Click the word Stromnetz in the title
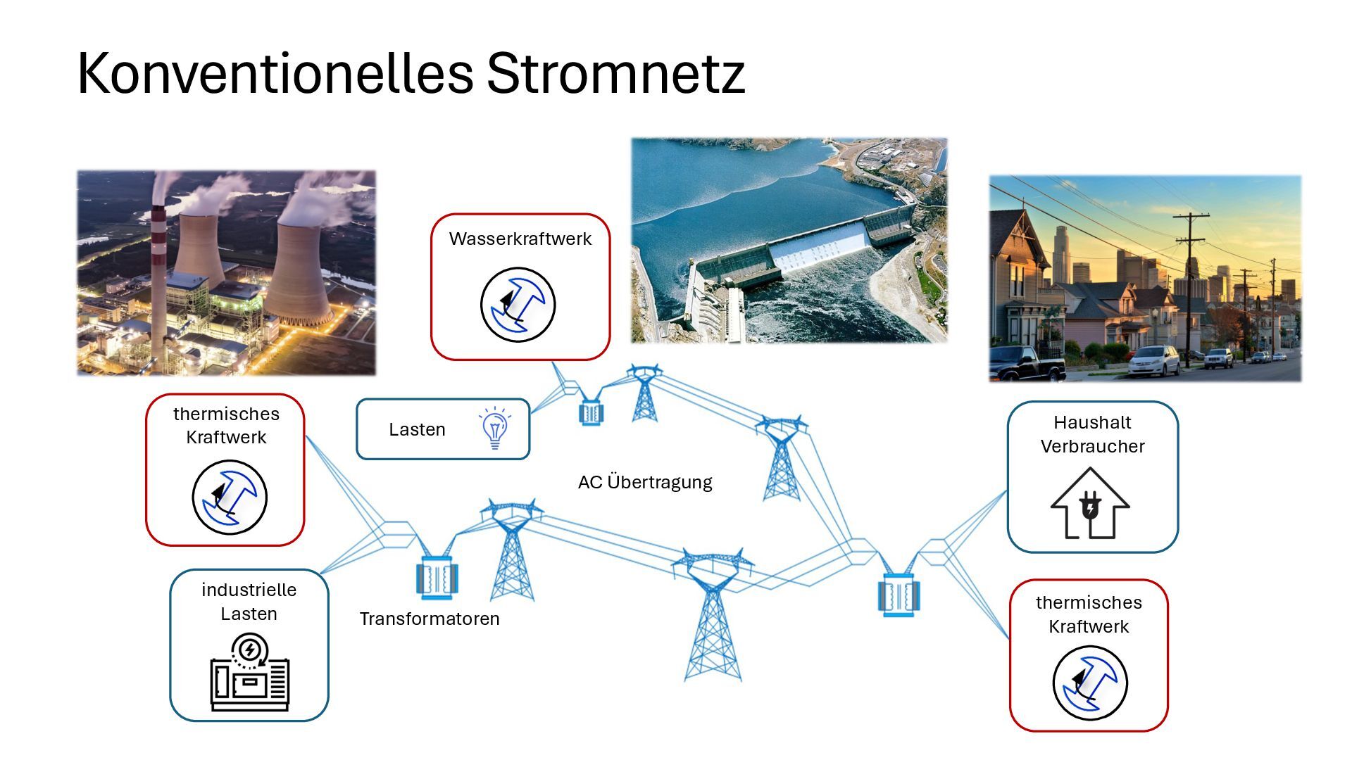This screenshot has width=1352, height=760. [x=615, y=73]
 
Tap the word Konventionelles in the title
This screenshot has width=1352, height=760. [x=275, y=73]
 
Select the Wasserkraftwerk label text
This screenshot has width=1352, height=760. [x=520, y=239]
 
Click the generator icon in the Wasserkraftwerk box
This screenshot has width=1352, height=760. [x=518, y=305]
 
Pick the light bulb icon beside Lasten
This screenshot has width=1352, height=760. [x=495, y=428]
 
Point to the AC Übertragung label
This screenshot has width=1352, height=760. [x=645, y=482]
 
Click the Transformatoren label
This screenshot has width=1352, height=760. [x=430, y=619]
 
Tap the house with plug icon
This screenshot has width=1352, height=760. [x=1090, y=505]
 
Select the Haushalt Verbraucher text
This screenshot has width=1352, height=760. [x=1092, y=434]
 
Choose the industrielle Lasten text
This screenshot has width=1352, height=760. [x=249, y=602]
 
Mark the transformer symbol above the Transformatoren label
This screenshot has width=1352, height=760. [x=437, y=578]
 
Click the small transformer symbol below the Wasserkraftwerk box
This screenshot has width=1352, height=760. [x=591, y=412]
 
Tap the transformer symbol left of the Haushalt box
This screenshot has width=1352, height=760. [x=899, y=595]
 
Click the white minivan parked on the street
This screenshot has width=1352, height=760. [x=1153, y=360]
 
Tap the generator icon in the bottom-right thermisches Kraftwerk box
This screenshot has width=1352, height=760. [x=1090, y=683]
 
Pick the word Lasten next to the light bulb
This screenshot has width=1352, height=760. [x=417, y=429]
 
